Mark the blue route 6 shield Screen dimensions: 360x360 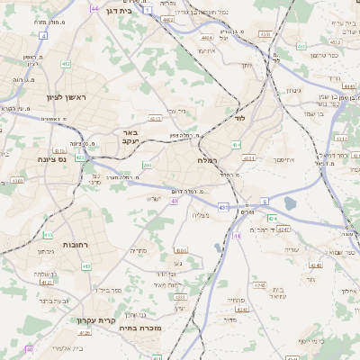click(x=265, y=200)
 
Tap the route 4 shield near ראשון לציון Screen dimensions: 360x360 click(x=42, y=35)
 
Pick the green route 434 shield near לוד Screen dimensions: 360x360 click(x=236, y=144)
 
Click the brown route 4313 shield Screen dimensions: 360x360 click(x=155, y=118)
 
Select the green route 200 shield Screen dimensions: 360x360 click(x=146, y=166)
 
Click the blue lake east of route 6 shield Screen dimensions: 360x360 click(x=291, y=202)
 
